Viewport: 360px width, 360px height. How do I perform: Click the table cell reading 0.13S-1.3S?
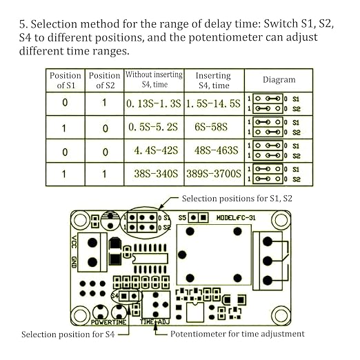click(154, 103)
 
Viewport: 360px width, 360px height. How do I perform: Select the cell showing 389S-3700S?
click(214, 174)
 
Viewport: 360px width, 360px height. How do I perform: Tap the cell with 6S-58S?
click(214, 127)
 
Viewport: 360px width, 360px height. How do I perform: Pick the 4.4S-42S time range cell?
click(154, 150)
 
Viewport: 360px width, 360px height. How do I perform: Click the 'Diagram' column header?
click(279, 80)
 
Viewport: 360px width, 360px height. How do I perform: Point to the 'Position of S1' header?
click(66, 80)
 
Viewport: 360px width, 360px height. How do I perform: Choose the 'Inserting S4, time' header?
click(214, 80)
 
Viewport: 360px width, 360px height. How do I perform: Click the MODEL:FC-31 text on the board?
click(236, 217)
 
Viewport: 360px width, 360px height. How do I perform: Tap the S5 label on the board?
click(182, 217)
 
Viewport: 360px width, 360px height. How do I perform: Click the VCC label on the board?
click(74, 242)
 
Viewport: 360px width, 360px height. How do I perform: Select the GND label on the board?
click(74, 262)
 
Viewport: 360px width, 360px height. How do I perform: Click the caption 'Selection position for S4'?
click(68, 334)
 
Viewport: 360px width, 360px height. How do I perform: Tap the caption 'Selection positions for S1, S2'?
click(237, 199)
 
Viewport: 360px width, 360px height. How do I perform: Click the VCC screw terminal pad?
click(92, 243)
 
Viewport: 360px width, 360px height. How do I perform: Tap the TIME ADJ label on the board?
click(155, 322)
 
